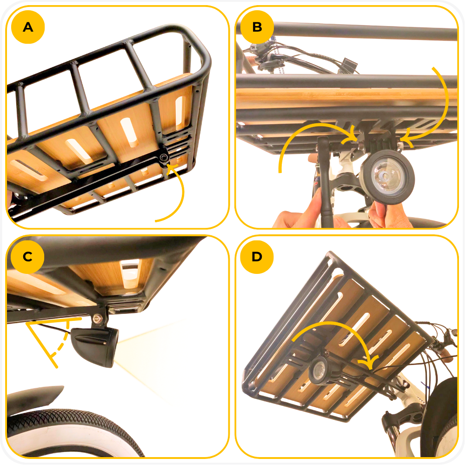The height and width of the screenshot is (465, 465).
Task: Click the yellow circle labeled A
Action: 28,27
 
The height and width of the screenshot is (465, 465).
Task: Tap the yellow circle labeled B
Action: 257,27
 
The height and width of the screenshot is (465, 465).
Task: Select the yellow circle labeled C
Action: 27,257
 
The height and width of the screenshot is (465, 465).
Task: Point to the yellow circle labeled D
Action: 257,257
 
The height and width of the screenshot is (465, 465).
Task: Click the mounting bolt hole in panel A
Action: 164,157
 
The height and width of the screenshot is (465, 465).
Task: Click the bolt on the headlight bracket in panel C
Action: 97,319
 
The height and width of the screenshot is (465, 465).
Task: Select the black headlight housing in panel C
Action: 95,345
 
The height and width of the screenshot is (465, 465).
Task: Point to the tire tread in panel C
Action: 74,427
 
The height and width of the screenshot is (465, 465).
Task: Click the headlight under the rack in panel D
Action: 319,370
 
